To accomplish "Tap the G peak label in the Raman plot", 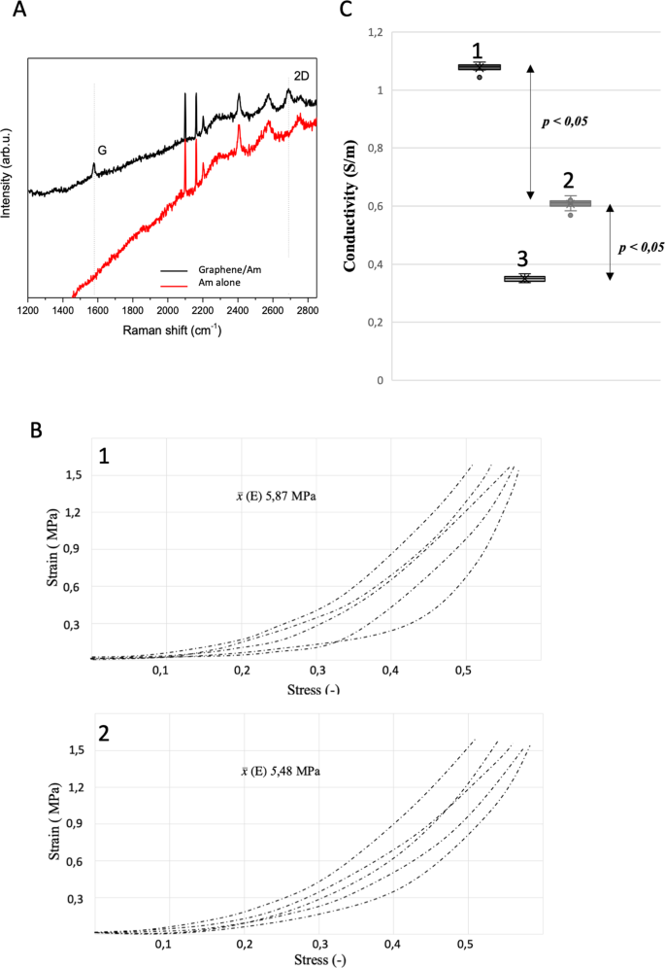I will [102, 150].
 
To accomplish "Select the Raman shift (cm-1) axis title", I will [172, 330].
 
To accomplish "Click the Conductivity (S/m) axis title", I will [348, 206].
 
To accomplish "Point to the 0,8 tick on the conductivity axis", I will [375, 149].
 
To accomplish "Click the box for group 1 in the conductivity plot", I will [479, 67].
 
